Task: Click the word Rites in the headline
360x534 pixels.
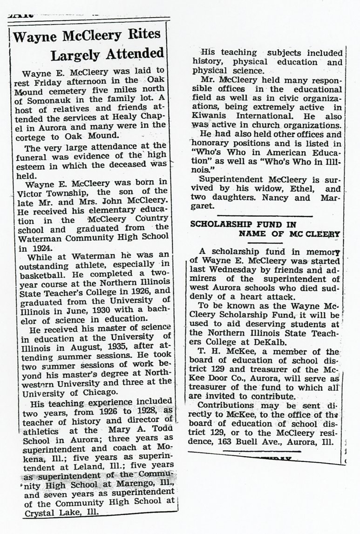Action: pyautogui.click(x=139, y=35)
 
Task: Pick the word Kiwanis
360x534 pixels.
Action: pyautogui.click(x=208, y=116)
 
